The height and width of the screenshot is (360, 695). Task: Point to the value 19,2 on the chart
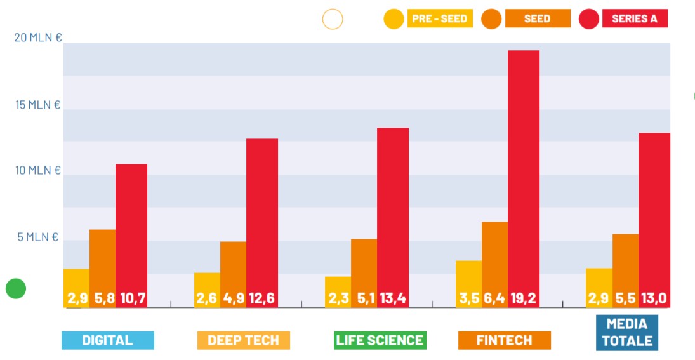[524, 298]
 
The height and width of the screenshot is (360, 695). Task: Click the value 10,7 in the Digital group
[131, 298]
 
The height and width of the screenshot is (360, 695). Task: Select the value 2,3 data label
[338, 298]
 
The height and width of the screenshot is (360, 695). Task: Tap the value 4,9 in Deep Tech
[233, 298]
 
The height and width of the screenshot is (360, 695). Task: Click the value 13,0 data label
[654, 298]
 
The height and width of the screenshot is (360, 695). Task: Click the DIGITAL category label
[108, 340]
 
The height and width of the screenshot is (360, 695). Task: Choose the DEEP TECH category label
[244, 340]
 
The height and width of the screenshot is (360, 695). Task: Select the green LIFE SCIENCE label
[380, 340]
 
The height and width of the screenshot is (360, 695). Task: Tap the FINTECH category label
[505, 340]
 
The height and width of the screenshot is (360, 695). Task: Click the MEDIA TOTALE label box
[627, 333]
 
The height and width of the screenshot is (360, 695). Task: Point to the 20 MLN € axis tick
[38, 37]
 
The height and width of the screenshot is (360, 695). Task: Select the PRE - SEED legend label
[439, 18]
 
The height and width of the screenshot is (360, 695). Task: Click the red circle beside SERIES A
[590, 19]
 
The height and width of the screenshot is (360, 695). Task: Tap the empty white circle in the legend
[333, 19]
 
